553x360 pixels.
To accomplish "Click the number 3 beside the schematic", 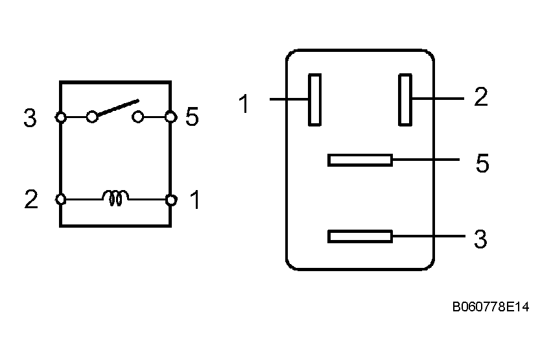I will (x=30, y=119).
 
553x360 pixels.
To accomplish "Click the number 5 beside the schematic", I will (x=192, y=117).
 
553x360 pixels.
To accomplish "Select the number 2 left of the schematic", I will (x=31, y=200).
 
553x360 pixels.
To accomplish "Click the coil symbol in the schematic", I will (x=115, y=198).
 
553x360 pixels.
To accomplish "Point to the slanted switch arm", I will (x=117, y=108).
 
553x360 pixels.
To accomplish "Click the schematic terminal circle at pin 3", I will (x=60, y=117).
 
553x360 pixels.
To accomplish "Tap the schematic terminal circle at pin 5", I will (x=171, y=117).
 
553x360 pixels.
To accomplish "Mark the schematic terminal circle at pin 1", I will (x=171, y=200).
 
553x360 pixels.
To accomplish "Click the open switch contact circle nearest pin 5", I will (x=138, y=117).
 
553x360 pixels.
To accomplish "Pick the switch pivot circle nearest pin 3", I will (x=92, y=117).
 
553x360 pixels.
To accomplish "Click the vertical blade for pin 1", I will (x=314, y=99).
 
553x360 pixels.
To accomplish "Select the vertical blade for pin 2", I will (x=405, y=99).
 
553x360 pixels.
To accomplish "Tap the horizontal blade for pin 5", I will (x=360, y=160).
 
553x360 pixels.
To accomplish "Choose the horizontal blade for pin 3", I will (x=360, y=237).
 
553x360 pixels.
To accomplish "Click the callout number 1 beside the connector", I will (x=244, y=104).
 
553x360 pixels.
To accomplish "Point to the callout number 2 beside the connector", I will (x=480, y=98).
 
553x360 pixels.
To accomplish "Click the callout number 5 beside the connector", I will (x=482, y=164).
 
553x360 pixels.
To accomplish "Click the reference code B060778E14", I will (x=490, y=307).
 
